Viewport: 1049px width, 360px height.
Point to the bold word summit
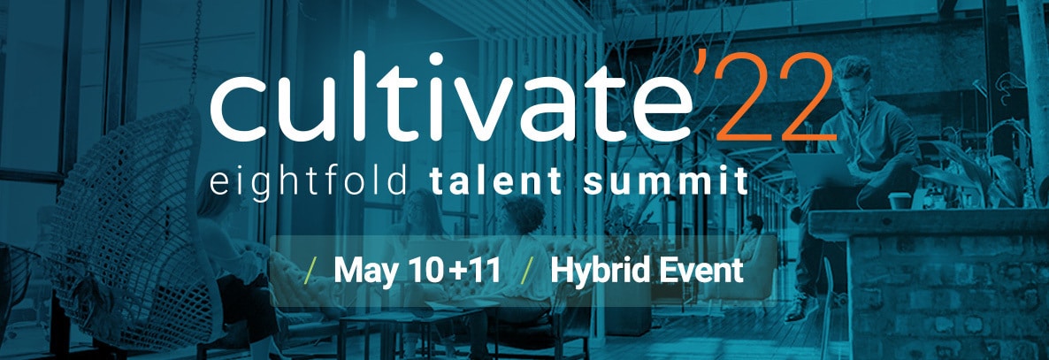pyautogui.click(x=665, y=181)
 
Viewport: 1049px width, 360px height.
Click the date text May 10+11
pyautogui.click(x=417, y=271)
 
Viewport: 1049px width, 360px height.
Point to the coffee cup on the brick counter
pyautogui.click(x=900, y=200)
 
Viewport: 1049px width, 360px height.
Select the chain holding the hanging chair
pyautogui.click(x=196, y=50)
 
